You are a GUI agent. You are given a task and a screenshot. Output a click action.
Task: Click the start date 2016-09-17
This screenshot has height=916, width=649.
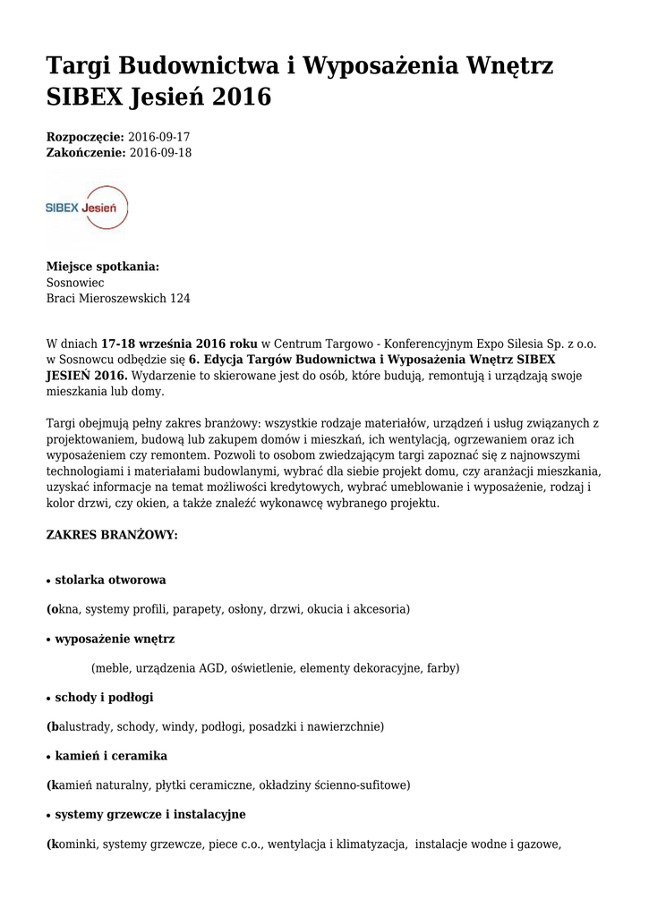coord(159,137)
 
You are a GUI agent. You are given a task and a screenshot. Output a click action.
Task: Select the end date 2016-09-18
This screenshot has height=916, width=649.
coord(160,152)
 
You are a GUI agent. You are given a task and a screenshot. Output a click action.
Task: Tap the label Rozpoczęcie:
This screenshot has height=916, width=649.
coord(85,137)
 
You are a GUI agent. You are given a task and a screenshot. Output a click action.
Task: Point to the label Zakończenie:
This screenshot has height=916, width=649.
coord(86,152)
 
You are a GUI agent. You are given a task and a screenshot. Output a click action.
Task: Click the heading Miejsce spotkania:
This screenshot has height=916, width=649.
coord(103,266)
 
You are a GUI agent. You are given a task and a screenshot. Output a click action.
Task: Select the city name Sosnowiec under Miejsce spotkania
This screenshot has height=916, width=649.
coord(75,282)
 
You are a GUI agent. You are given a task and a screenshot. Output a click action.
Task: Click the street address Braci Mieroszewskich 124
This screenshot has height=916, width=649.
coord(118,298)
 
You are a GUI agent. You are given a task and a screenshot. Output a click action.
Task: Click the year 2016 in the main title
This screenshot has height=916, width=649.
coord(241,98)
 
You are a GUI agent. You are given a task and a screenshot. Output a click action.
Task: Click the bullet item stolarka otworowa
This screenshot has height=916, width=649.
coord(110,580)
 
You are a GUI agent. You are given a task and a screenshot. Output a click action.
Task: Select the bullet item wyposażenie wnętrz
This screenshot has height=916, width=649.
coord(115,639)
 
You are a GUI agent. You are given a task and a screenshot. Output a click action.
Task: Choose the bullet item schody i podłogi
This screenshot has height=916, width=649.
coord(110,697)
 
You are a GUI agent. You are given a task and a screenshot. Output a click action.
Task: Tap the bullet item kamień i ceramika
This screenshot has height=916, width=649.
coord(111,756)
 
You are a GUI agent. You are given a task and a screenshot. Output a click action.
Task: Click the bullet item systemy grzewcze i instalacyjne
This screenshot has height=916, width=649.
coord(149,814)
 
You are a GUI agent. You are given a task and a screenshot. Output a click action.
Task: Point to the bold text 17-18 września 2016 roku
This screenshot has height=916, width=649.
coord(179,343)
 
